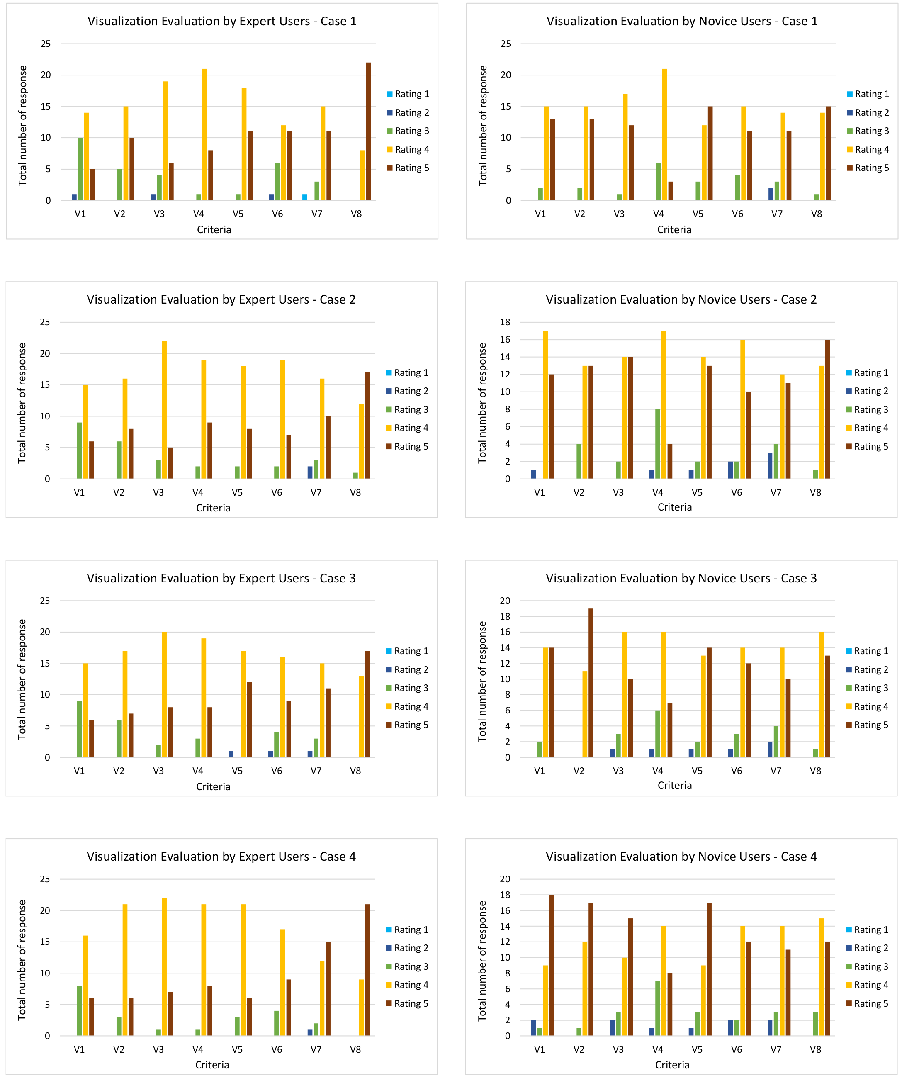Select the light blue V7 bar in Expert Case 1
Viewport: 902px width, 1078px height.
tap(305, 197)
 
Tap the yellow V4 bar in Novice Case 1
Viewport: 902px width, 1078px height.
tap(665, 134)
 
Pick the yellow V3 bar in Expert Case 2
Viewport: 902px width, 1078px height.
tap(164, 410)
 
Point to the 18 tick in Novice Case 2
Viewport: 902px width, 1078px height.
tap(505, 322)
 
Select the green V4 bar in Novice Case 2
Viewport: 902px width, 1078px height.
tap(658, 444)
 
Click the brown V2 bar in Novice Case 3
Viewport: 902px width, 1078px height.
tap(591, 683)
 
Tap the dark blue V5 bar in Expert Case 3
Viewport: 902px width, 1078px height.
tap(231, 754)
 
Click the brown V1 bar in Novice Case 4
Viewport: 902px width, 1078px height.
tap(552, 965)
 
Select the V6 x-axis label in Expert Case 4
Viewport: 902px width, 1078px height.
tap(277, 1050)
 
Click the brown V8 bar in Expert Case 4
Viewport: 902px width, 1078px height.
tap(367, 970)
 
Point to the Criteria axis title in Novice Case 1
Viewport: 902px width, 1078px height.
tap(674, 230)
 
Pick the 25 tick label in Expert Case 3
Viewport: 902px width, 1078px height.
tap(45, 601)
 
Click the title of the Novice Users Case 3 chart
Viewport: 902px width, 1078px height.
tap(681, 579)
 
